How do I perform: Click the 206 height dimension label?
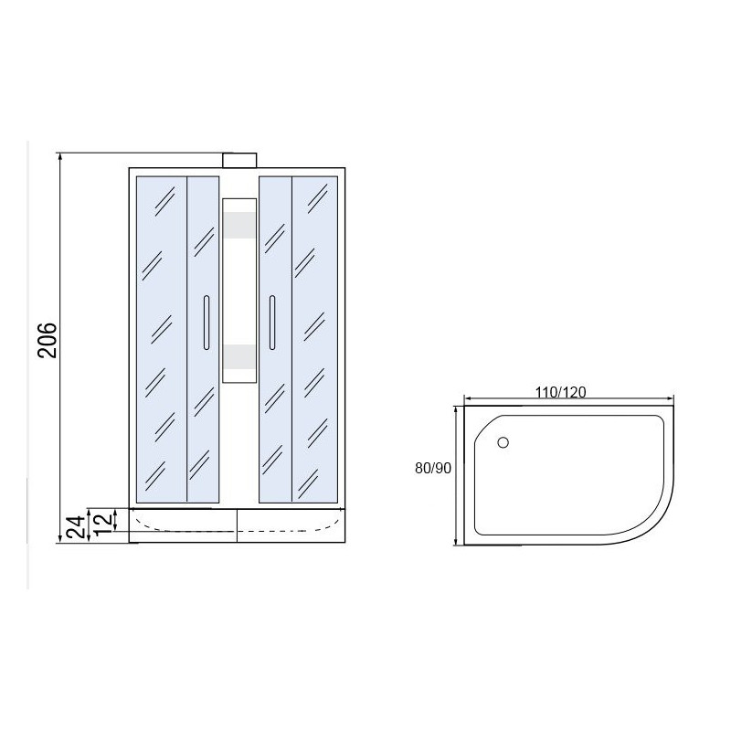[x=48, y=340]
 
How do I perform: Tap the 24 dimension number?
[x=77, y=527]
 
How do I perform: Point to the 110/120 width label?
[x=560, y=392]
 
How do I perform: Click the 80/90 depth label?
[x=433, y=468]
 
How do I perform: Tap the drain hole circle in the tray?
[x=503, y=442]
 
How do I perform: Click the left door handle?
[x=207, y=323]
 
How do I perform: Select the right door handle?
[x=272, y=323]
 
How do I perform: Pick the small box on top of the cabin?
[x=239, y=161]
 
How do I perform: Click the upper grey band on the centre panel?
[x=239, y=225]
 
